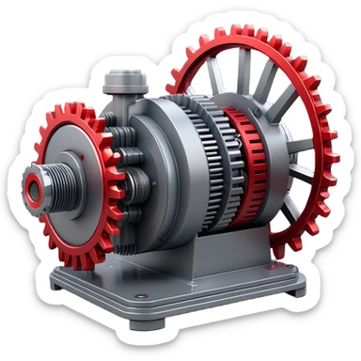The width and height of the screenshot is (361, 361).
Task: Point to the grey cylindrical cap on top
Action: pyautogui.click(x=120, y=79)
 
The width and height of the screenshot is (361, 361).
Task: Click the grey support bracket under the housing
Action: pyautogui.click(x=197, y=249)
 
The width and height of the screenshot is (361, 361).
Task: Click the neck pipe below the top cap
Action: pyautogui.click(x=120, y=98)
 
